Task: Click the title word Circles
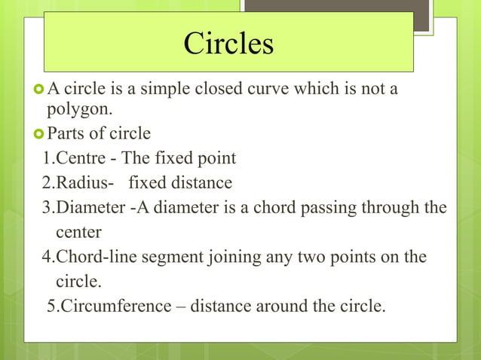tap(228, 44)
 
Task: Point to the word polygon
tap(79, 111)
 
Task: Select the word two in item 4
tap(302, 257)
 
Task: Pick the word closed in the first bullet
tap(209, 90)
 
